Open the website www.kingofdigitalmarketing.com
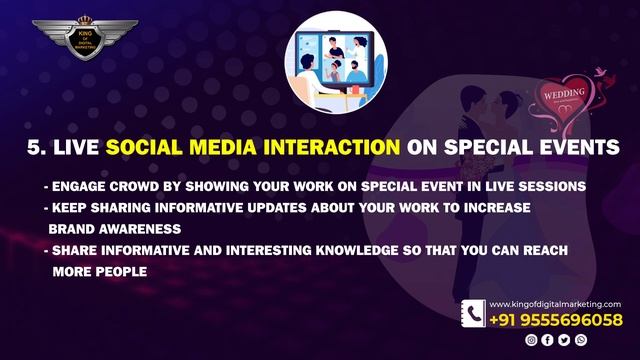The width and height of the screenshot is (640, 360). (555, 304)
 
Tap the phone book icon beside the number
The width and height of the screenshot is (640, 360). (473, 313)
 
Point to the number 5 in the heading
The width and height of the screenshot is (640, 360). (33, 147)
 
